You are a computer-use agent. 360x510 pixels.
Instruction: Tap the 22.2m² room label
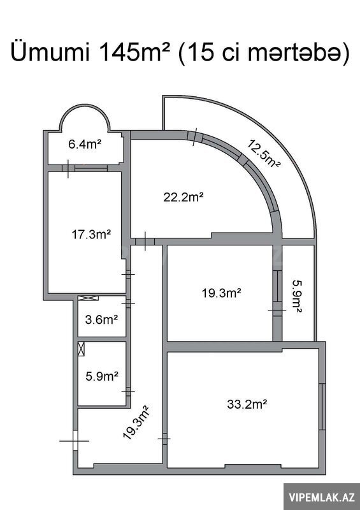pyautogui.click(x=184, y=197)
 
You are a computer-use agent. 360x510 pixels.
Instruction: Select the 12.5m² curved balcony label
pyautogui.click(x=264, y=153)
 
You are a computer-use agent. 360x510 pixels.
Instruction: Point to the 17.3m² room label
pyautogui.click(x=91, y=234)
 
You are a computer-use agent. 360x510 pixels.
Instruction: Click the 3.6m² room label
pyautogui.click(x=101, y=319)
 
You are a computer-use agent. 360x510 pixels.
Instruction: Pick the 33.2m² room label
pyautogui.click(x=247, y=404)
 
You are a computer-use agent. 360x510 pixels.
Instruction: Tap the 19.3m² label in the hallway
pyautogui.click(x=136, y=422)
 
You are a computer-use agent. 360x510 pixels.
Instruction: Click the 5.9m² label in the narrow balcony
pyautogui.click(x=297, y=296)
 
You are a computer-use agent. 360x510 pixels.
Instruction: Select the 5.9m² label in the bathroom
pyautogui.click(x=102, y=376)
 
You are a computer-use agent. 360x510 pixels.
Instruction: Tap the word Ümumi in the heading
pyautogui.click(x=50, y=52)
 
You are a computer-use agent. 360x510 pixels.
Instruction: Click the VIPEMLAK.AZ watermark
pyautogui.click(x=321, y=497)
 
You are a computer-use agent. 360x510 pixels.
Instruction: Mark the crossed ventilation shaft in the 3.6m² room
pyautogui.click(x=88, y=298)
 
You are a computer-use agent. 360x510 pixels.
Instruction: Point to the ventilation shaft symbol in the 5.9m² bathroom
pyautogui.click(x=82, y=349)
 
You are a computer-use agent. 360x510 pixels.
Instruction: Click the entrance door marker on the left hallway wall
pyautogui.click(x=75, y=441)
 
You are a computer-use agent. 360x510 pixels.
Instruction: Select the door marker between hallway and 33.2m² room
pyautogui.click(x=164, y=439)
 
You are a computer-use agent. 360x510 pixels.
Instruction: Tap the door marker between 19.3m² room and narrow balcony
pyautogui.click(x=277, y=310)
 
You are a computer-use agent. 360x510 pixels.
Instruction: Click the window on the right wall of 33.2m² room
pyautogui.click(x=322, y=407)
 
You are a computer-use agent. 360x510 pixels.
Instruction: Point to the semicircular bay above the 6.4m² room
pyautogui.click(x=85, y=105)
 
